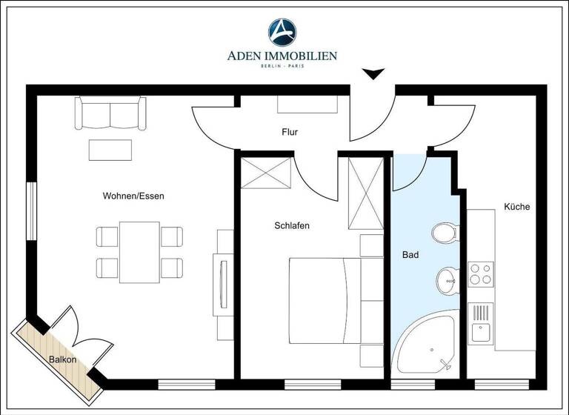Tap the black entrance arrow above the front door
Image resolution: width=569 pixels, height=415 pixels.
tap(373, 73)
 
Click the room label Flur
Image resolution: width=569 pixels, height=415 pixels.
tap(290, 133)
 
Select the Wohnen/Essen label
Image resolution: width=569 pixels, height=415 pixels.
tap(133, 196)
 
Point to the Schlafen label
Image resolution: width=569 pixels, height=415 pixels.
tap(291, 225)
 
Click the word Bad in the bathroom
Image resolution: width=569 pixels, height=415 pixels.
tap(410, 255)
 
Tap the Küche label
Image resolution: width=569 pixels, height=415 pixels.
tap(516, 207)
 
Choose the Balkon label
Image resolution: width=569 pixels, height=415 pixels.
tap(63, 359)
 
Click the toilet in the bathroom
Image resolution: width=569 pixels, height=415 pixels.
tap(445, 233)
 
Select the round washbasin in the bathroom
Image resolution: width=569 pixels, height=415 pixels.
tap(447, 280)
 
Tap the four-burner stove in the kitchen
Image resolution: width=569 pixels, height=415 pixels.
tap(481, 273)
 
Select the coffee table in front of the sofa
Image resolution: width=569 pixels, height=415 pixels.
tap(110, 150)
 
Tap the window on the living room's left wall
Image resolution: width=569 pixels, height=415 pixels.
tap(31, 211)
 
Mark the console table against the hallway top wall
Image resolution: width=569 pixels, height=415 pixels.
tap(307, 104)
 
